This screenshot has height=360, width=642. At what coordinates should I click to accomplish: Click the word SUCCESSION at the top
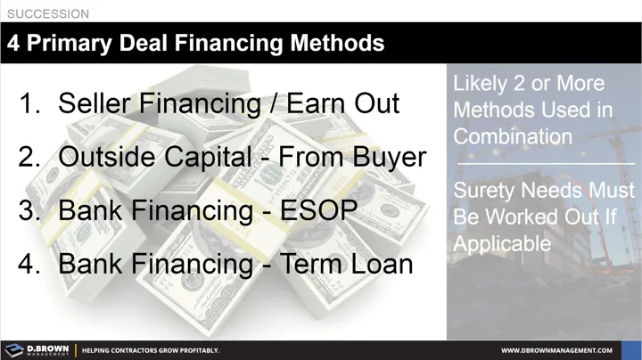(48, 14)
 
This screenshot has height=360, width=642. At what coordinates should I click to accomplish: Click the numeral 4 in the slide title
(15, 43)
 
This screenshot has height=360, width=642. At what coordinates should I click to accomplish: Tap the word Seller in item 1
(95, 103)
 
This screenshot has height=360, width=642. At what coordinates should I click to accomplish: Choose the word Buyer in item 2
(390, 158)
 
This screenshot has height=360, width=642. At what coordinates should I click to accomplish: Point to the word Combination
(513, 136)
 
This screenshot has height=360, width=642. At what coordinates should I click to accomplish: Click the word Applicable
(502, 242)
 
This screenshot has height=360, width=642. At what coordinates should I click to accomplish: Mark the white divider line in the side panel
(544, 164)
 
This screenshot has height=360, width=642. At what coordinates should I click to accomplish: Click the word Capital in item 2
(212, 158)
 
